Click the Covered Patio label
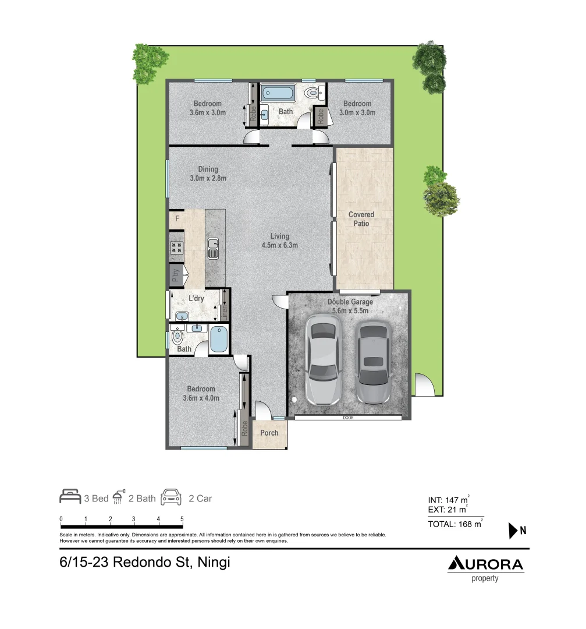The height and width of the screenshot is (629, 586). click(x=361, y=218)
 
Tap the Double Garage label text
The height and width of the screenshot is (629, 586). click(x=350, y=302)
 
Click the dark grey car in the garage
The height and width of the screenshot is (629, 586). click(x=372, y=363)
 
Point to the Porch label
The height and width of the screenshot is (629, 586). click(x=269, y=433)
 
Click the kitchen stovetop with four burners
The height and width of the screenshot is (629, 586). click(x=176, y=248)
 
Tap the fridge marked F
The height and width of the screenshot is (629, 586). click(x=177, y=219)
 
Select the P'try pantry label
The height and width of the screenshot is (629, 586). click(x=175, y=275)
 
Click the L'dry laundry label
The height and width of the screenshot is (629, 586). click(x=196, y=299)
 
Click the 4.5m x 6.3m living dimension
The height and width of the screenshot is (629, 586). click(x=279, y=245)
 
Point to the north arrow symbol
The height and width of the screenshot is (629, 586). click(x=513, y=531)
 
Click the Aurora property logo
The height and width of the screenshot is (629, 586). click(x=485, y=568)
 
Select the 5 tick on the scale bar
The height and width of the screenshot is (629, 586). click(x=182, y=518)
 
